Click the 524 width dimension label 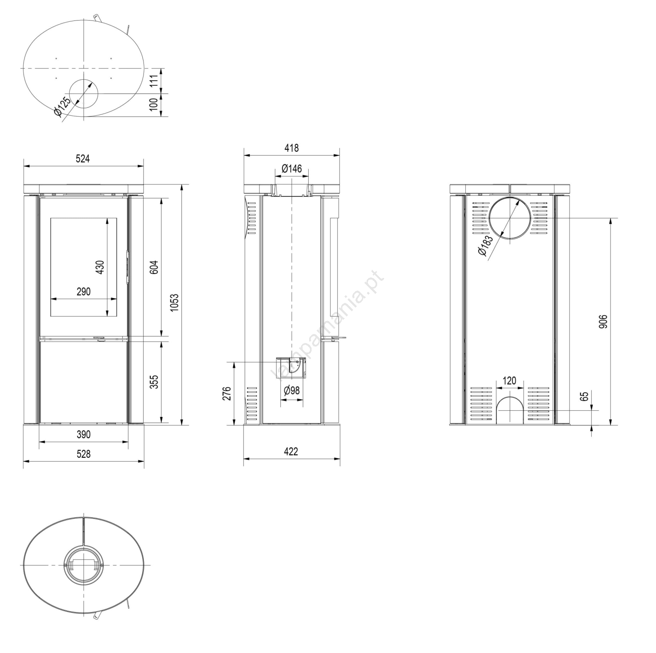coord(83,159)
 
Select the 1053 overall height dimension coord(175,303)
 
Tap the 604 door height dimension coord(154,267)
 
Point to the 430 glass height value coord(100,267)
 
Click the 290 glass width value coord(83,292)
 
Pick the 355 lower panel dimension coord(154,381)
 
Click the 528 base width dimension coord(83,454)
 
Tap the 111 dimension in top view coord(154,81)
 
